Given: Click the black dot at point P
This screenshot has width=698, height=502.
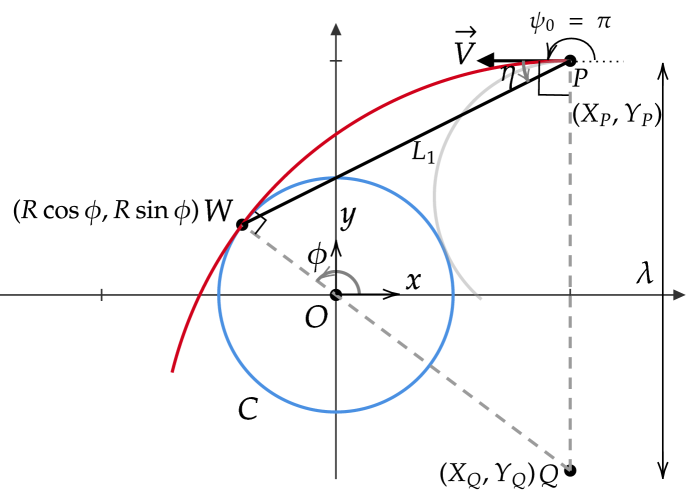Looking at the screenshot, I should click(570, 61).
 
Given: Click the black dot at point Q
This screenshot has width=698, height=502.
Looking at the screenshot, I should click(570, 470).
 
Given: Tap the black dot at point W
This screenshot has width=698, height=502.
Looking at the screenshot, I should click(242, 225).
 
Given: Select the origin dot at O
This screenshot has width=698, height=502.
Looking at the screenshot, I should click(336, 294).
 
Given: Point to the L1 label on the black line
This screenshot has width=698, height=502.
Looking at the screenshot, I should click(425, 153).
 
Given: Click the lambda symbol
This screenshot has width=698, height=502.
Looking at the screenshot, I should click(645, 273).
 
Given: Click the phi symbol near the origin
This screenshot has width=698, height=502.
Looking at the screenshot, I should click(318, 257).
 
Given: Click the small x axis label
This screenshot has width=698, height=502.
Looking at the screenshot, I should click(411, 281).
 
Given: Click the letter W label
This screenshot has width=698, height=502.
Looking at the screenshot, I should click(215, 211).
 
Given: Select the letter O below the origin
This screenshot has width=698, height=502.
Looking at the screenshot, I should click(316, 317).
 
